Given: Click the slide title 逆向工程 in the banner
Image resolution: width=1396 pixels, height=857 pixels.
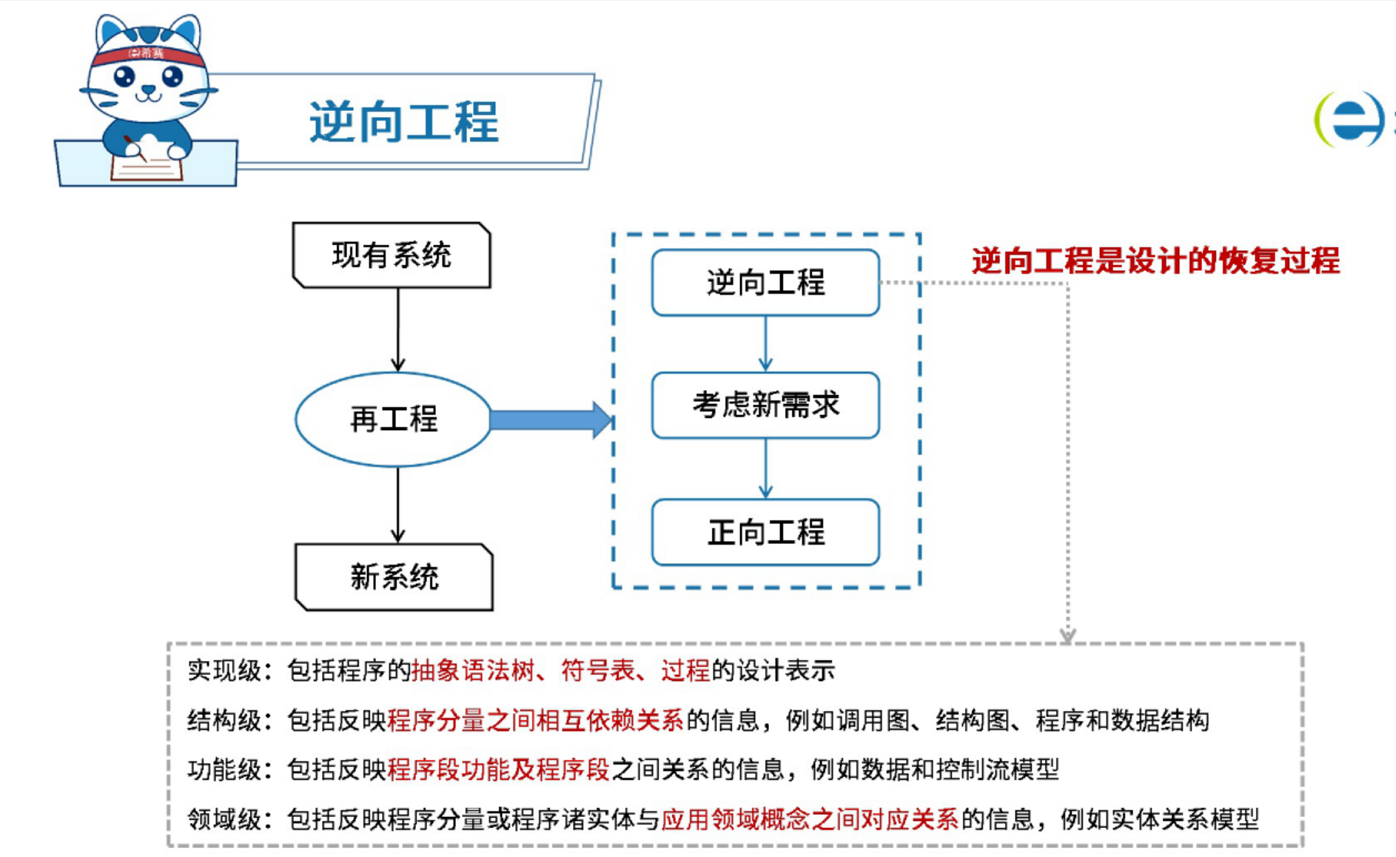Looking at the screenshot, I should pyautogui.click(x=404, y=122).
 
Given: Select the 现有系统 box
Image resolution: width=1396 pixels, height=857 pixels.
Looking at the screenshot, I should pyautogui.click(x=392, y=255).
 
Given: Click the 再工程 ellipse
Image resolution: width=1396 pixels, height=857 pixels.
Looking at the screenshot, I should pyautogui.click(x=393, y=420).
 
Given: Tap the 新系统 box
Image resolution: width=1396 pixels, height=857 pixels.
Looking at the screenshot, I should pyautogui.click(x=394, y=577).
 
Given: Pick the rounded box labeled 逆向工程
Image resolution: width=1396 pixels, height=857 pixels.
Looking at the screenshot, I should pyautogui.click(x=765, y=283).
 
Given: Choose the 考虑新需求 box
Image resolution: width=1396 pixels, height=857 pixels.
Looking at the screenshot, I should pyautogui.click(x=765, y=406).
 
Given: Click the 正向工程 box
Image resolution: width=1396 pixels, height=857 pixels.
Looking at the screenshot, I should pyautogui.click(x=765, y=532).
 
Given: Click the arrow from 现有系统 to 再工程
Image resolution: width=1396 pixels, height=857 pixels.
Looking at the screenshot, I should pyautogui.click(x=398, y=330).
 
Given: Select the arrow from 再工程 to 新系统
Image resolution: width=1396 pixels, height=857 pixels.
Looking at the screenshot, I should pyautogui.click(x=398, y=505).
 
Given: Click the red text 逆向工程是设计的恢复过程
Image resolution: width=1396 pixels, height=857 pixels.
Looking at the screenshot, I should pyautogui.click(x=1155, y=261).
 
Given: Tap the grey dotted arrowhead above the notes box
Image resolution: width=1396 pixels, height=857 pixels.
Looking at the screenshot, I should pyautogui.click(x=1067, y=635).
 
